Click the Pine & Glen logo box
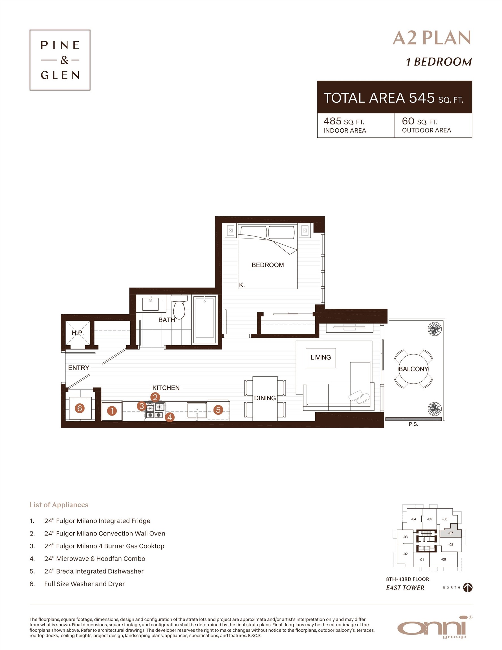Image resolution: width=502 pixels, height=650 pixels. click(x=60, y=60)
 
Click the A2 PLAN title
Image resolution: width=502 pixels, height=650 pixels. click(x=431, y=38)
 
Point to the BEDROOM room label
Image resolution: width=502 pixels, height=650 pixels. click(x=268, y=265)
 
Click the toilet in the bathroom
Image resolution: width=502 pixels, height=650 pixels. click(x=179, y=308)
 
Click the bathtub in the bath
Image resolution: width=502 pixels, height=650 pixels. click(x=205, y=320)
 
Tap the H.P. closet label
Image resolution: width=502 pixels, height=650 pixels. click(x=78, y=333)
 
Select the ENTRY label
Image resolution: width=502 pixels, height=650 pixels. click(x=79, y=368)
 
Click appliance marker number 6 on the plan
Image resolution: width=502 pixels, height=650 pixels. click(x=80, y=408)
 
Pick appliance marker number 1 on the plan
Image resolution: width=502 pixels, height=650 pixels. click(x=112, y=411)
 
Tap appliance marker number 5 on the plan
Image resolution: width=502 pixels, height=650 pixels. click(x=218, y=410)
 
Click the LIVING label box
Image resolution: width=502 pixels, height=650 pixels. click(x=320, y=358)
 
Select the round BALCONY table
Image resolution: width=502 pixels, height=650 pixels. click(x=413, y=369)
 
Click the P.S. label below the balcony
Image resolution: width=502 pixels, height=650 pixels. click(x=413, y=424)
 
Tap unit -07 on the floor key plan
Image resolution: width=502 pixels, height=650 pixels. click(x=450, y=533)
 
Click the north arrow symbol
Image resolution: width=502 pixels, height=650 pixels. click(x=468, y=587)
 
